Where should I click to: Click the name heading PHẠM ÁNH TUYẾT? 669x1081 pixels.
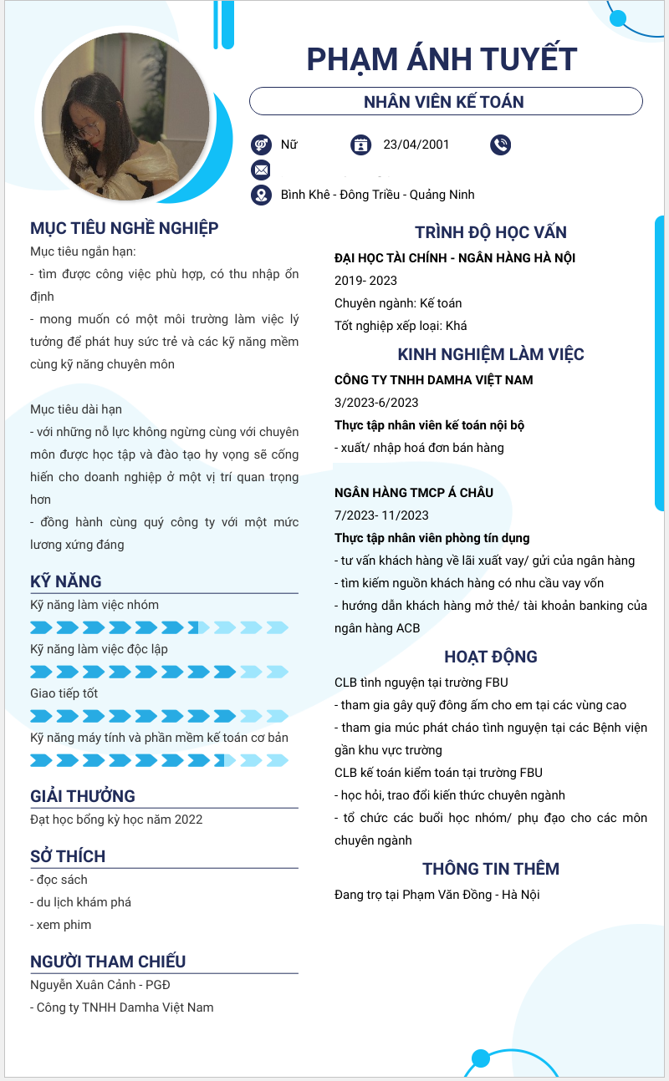click(x=442, y=59)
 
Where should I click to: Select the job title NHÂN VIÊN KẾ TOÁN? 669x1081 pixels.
click(x=444, y=102)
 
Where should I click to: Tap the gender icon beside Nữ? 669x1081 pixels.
click(x=261, y=145)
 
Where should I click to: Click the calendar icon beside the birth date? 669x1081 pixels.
click(x=360, y=145)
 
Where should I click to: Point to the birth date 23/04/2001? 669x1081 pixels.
click(x=416, y=145)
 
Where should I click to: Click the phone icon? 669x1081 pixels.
click(x=500, y=145)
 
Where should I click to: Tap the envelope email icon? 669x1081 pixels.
click(x=261, y=170)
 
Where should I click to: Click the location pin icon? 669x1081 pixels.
click(x=261, y=195)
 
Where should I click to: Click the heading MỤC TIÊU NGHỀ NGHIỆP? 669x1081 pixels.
click(x=125, y=228)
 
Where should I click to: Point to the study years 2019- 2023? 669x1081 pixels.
click(x=365, y=281)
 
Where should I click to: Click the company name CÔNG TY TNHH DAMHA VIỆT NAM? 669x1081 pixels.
click(x=433, y=380)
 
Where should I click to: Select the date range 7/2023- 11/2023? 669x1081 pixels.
click(x=381, y=515)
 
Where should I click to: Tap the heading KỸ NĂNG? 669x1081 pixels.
click(x=66, y=581)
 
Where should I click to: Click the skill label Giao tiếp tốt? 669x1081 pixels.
click(x=64, y=693)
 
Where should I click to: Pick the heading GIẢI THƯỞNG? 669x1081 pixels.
click(x=83, y=796)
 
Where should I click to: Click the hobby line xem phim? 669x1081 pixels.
click(x=61, y=925)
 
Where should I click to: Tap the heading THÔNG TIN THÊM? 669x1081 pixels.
click(x=491, y=869)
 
